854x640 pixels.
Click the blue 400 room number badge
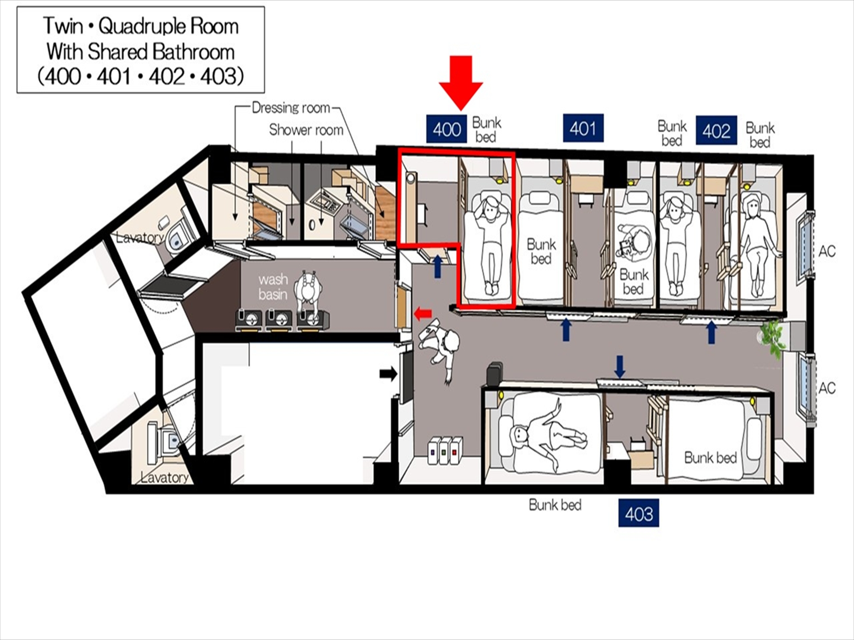[446, 129]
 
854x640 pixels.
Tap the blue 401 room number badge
[583, 127]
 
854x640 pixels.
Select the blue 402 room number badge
[716, 130]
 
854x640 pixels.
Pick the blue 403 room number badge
[638, 513]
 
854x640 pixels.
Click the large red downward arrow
[461, 83]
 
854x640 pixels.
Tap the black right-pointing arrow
[388, 374]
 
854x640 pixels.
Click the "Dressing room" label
[291, 108]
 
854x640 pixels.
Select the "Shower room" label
[306, 130]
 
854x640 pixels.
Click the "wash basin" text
[273, 287]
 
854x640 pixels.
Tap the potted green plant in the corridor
[772, 338]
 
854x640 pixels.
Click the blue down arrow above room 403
[620, 367]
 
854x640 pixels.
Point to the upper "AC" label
[826, 251]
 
